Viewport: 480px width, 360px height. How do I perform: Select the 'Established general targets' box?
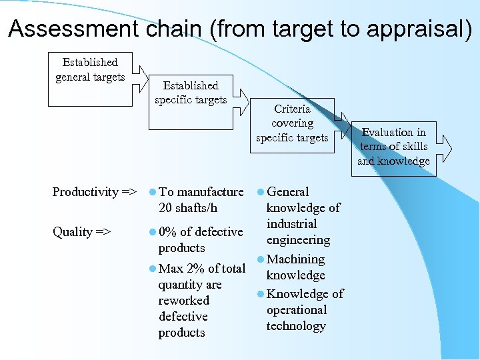90,78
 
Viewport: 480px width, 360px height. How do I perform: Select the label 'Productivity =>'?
94,192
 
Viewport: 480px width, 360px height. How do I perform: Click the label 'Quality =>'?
81,232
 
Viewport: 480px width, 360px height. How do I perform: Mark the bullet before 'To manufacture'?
153,192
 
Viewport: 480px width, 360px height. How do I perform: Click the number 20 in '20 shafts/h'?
166,208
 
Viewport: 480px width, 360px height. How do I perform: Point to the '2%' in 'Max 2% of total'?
196,269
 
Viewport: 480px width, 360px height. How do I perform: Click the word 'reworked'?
183,301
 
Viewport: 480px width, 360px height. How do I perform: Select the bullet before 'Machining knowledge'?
260,259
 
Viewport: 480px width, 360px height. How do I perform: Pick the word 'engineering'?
298,240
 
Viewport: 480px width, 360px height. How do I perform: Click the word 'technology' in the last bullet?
296,326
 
